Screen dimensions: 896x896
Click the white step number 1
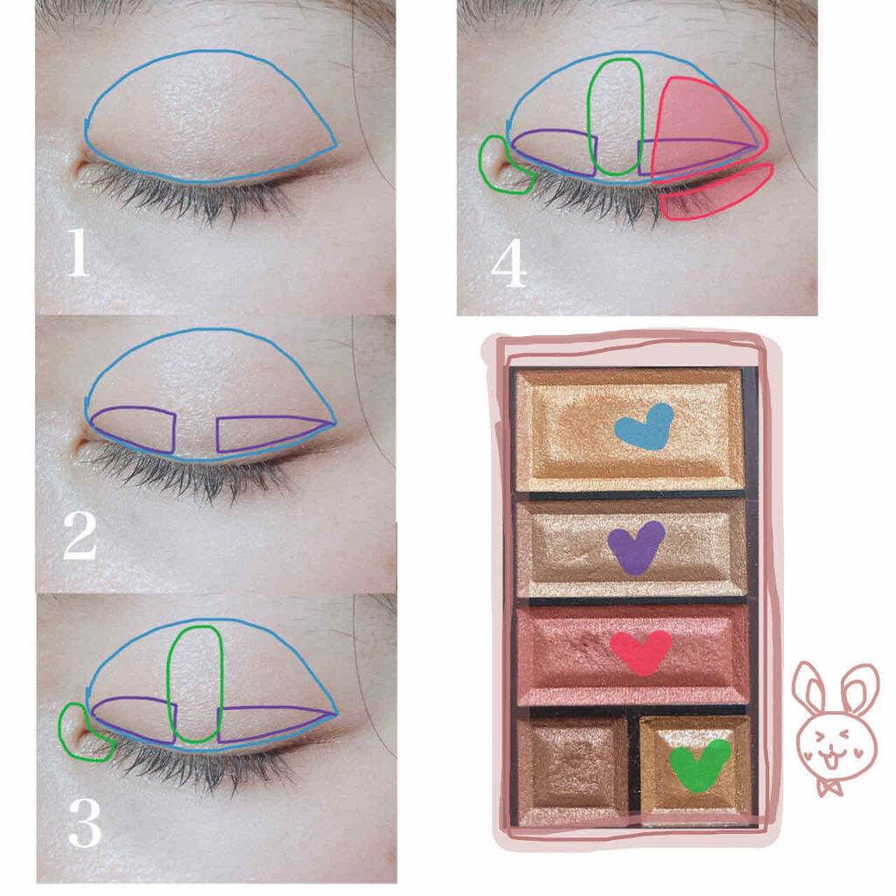[78, 252]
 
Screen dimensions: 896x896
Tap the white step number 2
[80, 535]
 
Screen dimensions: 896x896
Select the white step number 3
[85, 822]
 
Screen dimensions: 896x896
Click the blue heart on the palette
[644, 425]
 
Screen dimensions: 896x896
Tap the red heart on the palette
[640, 652]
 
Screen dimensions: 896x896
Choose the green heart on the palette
[699, 766]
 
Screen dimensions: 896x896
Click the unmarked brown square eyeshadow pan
[572, 766]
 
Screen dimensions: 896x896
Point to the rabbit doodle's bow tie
[829, 788]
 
